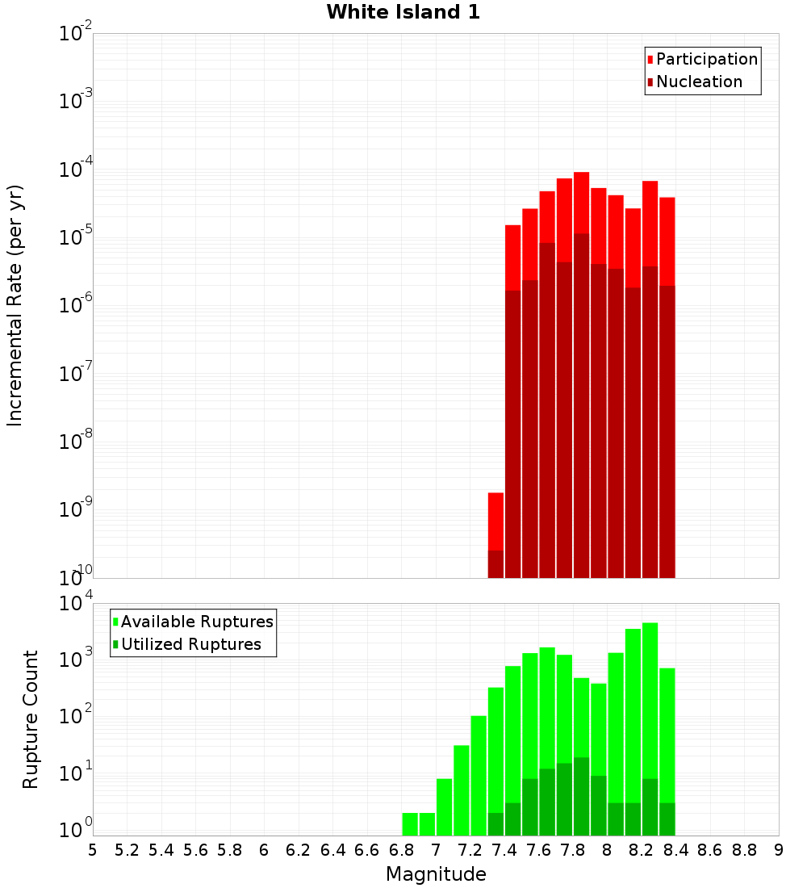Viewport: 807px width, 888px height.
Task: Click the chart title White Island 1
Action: pyautogui.click(x=403, y=13)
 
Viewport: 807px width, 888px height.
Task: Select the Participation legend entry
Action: pyautogui.click(x=702, y=59)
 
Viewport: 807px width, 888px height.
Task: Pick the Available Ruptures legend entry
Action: pyautogui.click(x=193, y=622)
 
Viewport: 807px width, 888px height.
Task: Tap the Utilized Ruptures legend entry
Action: pyautogui.click(x=186, y=644)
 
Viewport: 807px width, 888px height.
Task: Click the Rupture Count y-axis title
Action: pyautogui.click(x=31, y=718)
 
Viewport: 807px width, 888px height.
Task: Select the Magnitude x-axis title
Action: pyautogui.click(x=436, y=874)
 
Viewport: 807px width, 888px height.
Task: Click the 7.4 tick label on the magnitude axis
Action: pyautogui.click(x=504, y=850)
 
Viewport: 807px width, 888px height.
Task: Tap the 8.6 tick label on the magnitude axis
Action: pyautogui.click(x=710, y=850)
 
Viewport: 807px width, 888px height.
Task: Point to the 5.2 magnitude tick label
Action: pyautogui.click(x=127, y=850)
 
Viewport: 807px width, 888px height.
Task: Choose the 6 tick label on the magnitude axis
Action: pyautogui.click(x=264, y=850)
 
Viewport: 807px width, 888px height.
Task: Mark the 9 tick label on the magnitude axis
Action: pyautogui.click(x=779, y=850)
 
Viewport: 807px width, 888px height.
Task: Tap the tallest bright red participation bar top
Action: pyautogui.click(x=581, y=174)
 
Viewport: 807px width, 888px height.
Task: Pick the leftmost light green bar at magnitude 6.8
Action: pyautogui.click(x=410, y=823)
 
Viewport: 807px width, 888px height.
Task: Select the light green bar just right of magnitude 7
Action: pyautogui.click(x=444, y=806)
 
